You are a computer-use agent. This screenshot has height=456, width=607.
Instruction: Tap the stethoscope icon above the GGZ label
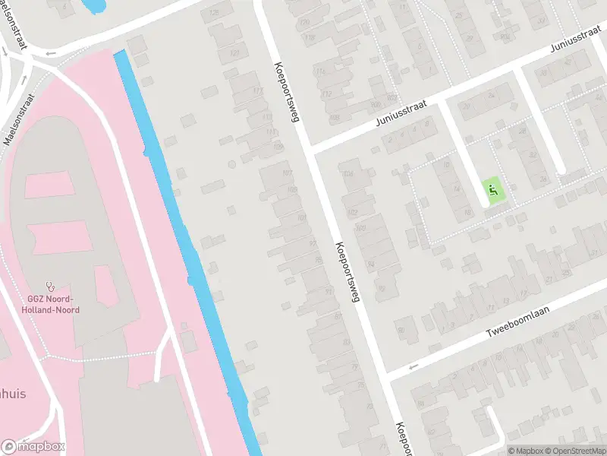(x=50, y=286)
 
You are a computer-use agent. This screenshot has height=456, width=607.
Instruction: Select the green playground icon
(x=492, y=189)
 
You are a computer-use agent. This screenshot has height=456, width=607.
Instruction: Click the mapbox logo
(x=33, y=446)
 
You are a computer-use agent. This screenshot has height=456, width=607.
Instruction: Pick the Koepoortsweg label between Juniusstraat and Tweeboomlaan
(x=346, y=271)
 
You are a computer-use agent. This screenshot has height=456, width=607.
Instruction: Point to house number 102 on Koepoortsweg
(x=351, y=212)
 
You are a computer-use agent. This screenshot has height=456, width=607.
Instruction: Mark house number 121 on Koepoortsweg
(x=234, y=52)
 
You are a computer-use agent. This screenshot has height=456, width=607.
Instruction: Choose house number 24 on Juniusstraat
(x=490, y=96)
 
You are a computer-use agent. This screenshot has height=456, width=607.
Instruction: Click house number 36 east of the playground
(x=543, y=179)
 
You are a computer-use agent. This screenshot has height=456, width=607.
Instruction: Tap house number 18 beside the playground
(x=468, y=212)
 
